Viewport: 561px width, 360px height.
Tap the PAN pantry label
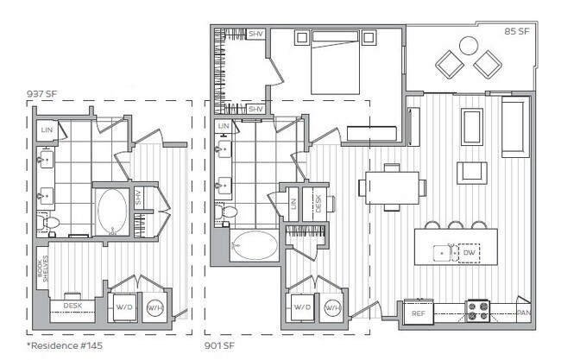tap(522, 313)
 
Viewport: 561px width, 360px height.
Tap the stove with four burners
tap(478, 310)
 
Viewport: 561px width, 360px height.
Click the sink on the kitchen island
tap(444, 254)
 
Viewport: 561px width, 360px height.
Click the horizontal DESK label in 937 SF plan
tap(72, 306)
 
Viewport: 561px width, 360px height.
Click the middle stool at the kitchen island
tap(455, 226)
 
